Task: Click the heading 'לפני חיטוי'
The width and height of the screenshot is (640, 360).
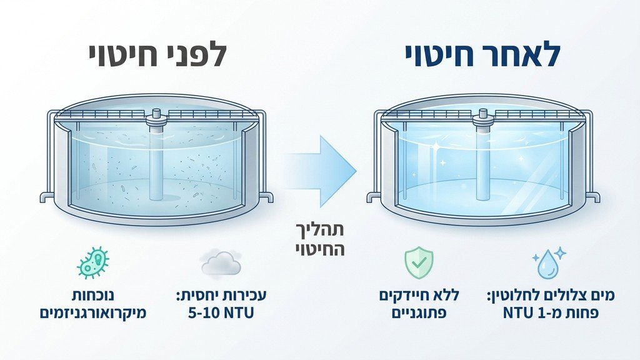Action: coord(157,56)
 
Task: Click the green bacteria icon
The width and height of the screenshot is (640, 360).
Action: coord(94,263)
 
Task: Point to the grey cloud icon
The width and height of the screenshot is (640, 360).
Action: coord(221,263)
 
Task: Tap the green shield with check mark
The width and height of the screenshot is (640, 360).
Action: coord(419,263)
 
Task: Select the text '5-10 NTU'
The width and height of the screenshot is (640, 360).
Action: coord(221,313)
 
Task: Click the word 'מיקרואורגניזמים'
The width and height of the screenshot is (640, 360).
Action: coord(94,313)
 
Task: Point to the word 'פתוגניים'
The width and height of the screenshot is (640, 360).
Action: coord(419,313)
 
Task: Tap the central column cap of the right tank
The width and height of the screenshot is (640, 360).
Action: coord(483,117)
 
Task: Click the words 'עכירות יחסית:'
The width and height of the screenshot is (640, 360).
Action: coord(221,295)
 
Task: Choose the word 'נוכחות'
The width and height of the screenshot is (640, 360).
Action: coord(94,295)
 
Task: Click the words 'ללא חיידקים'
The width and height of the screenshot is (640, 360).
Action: coord(419,295)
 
